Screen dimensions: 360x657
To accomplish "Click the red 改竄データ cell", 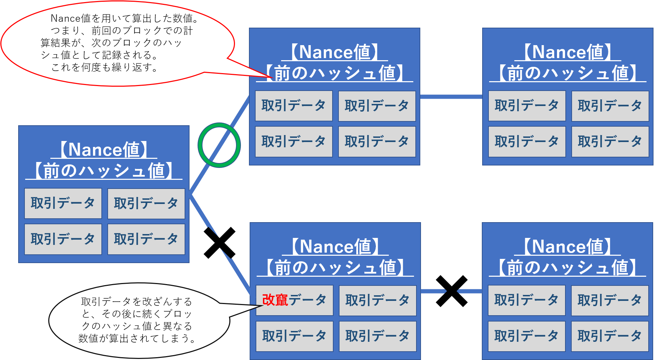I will tap(294, 300).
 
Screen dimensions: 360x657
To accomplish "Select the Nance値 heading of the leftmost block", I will tap(104, 150).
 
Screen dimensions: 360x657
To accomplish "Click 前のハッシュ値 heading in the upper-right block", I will tap(567, 73).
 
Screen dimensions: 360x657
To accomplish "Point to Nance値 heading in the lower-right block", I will tap(567, 247).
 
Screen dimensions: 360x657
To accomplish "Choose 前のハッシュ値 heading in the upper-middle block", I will tap(335, 73).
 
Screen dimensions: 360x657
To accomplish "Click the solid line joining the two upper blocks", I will tap(451, 97).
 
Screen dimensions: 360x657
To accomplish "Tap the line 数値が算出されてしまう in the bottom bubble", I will tap(137, 338).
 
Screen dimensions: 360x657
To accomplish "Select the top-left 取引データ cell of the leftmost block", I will tap(63, 203).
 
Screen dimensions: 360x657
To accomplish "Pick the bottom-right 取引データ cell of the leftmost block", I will tap(146, 239).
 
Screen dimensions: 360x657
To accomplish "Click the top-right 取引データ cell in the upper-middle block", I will tap(377, 106).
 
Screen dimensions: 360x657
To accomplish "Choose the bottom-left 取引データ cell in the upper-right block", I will tap(527, 142).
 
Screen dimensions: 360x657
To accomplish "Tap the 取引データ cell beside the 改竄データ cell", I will tap(378, 300).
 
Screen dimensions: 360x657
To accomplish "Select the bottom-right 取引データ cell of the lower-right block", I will tap(610, 336).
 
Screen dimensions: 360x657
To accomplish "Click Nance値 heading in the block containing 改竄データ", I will tap(335, 247).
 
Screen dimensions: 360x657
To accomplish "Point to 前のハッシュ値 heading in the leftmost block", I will tap(104, 171).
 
